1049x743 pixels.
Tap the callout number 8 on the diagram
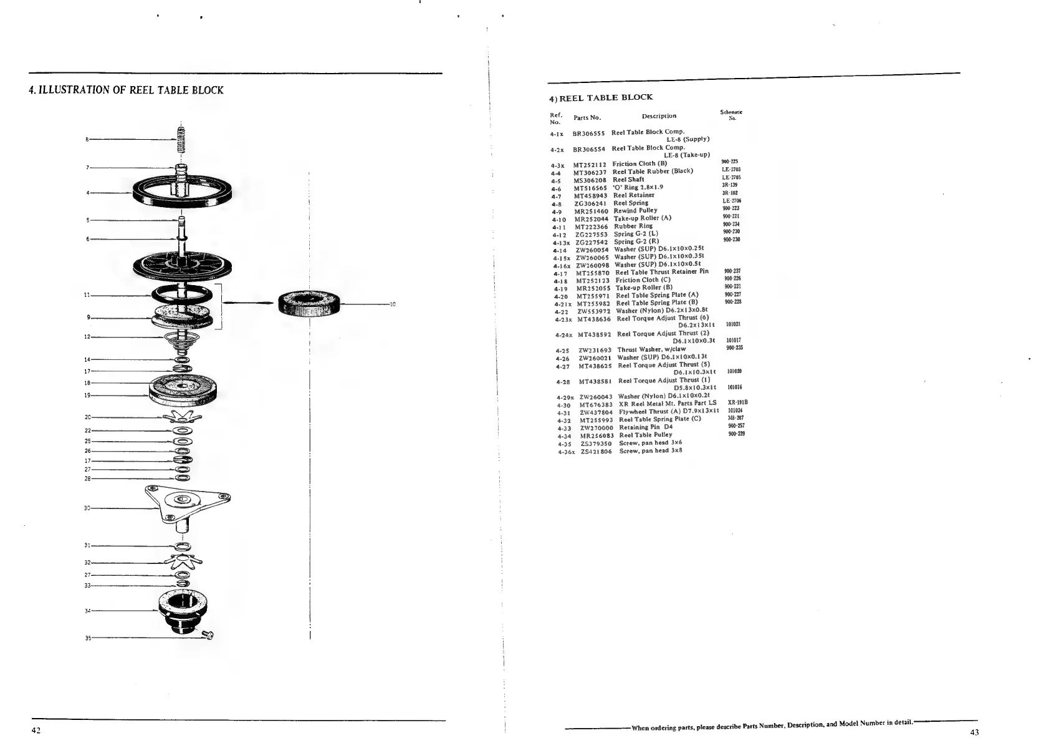tap(87, 139)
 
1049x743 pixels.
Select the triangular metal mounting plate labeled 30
tap(186, 502)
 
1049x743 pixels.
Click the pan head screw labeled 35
tap(209, 635)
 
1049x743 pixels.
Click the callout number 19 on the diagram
tap(87, 396)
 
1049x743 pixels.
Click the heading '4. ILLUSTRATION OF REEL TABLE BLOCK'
tap(127, 90)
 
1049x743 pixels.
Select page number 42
tap(36, 731)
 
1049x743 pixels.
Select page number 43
tap(974, 732)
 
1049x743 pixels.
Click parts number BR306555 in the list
tap(588, 133)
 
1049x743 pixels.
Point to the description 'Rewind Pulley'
tap(635, 211)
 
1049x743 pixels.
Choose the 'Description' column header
tap(659, 116)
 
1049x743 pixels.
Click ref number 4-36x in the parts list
tap(566, 452)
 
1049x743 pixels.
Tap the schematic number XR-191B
tap(737, 402)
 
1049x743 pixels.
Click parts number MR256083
tap(596, 435)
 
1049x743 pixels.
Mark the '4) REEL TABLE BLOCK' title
tap(600, 97)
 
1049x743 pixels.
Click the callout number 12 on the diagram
tap(87, 337)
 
